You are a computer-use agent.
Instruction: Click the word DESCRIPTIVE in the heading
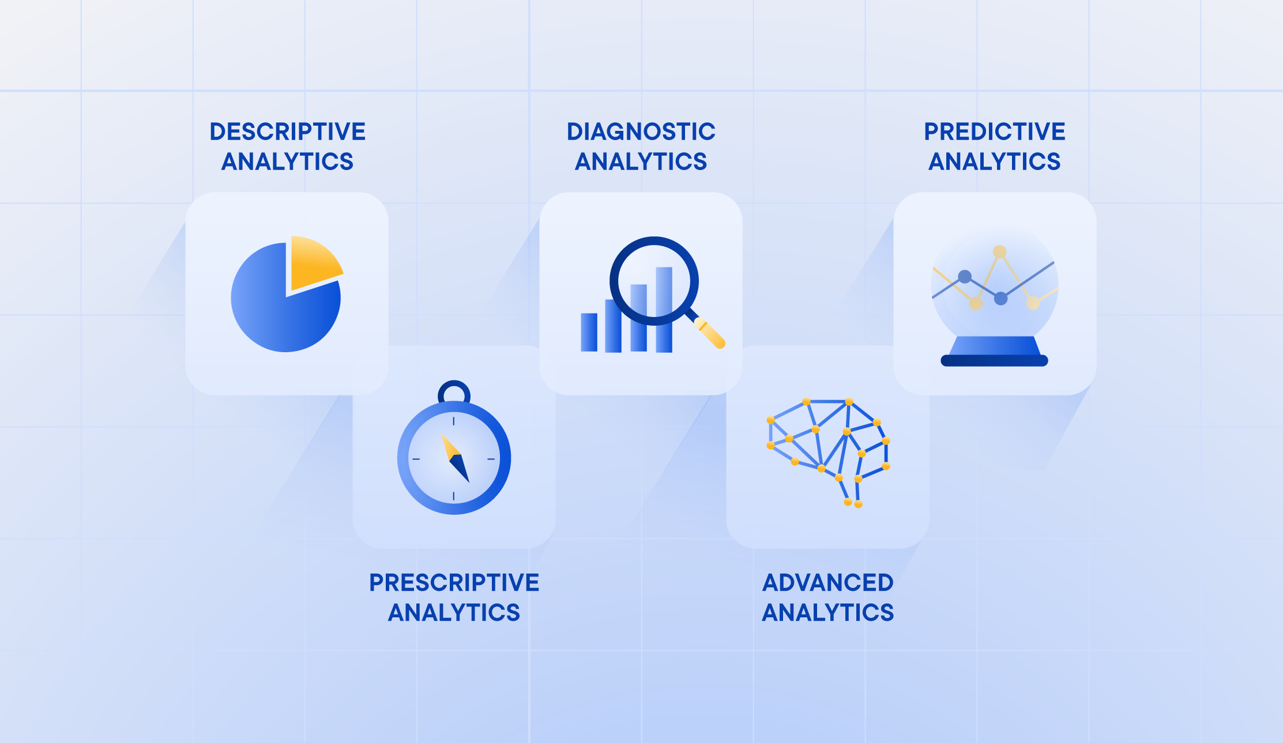[287, 131]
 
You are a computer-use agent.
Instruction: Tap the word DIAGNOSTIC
[641, 131]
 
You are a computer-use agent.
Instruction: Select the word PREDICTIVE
[994, 131]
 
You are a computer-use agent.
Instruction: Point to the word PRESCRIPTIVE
[454, 583]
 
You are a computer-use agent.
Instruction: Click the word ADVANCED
[827, 583]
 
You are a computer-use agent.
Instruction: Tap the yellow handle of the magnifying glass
[710, 333]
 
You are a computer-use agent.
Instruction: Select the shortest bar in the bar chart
[589, 332]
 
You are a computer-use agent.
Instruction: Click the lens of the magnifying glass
[654, 281]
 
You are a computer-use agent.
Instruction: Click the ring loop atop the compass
[454, 393]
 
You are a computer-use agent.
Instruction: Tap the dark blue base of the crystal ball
[994, 361]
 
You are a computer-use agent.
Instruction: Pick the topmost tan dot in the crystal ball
[999, 252]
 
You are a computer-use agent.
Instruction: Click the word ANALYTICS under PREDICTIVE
[994, 161]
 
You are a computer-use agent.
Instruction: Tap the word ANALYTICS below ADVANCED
[827, 613]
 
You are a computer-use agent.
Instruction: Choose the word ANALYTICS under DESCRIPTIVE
[287, 161]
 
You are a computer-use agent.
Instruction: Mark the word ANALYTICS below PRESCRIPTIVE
[454, 613]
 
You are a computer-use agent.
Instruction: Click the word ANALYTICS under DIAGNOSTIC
[641, 161]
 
